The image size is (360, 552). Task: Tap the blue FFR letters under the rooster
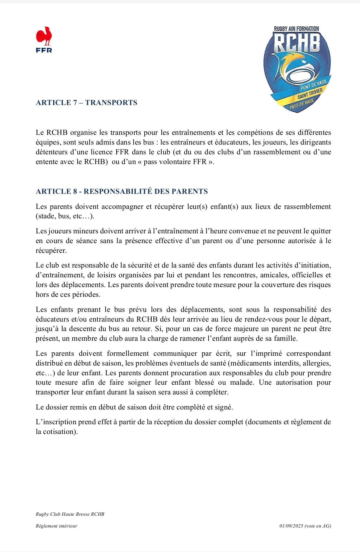pos(44,50)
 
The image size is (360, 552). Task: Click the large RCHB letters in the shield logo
pos(297,43)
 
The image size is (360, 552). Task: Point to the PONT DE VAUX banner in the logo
pos(313,85)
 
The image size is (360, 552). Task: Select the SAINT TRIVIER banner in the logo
pos(310,94)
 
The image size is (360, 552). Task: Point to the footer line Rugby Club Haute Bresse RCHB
pos(70,514)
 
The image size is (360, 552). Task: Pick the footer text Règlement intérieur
pos(56,526)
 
